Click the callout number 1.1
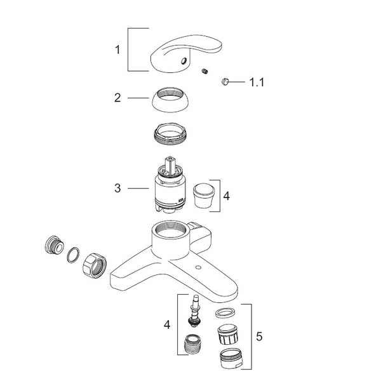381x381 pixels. click(257, 83)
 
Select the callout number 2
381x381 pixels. click(117, 98)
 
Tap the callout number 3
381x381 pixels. click(117, 188)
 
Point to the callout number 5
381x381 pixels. click(259, 337)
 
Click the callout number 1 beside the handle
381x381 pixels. click(117, 50)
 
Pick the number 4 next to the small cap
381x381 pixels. click(227, 196)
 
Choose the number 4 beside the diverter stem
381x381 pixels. click(167, 324)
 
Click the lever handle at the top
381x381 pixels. click(186, 53)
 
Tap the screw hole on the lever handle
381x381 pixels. click(184, 60)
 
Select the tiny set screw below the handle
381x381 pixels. click(205, 71)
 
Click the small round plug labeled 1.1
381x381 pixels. click(225, 81)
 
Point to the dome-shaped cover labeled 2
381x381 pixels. click(170, 100)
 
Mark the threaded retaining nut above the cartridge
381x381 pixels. click(170, 134)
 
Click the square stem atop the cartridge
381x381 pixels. click(170, 164)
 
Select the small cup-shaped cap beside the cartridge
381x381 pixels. click(204, 196)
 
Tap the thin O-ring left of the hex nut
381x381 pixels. click(73, 255)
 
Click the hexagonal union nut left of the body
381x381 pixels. click(95, 265)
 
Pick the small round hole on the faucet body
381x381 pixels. click(199, 268)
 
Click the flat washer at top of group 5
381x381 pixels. click(225, 312)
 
